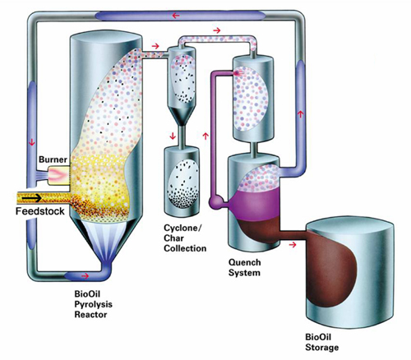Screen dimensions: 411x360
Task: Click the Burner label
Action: click(x=53, y=159)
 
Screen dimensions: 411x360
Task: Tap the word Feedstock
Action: click(x=40, y=211)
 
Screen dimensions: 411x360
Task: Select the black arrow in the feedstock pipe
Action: click(x=32, y=198)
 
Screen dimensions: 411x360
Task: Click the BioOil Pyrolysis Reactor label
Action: click(x=93, y=304)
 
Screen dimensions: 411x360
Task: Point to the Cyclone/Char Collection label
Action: click(x=185, y=238)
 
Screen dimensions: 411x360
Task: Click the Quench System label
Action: click(x=244, y=267)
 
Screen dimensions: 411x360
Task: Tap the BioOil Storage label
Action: click(x=321, y=342)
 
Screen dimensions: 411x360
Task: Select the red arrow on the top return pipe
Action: click(x=176, y=16)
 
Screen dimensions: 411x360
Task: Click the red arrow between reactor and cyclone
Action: click(x=155, y=46)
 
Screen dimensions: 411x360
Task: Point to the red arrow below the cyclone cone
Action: click(x=173, y=136)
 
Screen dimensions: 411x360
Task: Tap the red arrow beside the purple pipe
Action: click(x=205, y=136)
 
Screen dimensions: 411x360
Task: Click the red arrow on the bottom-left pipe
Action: click(x=85, y=276)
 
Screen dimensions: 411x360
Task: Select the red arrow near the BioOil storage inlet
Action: click(x=293, y=245)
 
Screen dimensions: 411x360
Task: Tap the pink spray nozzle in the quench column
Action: click(x=238, y=73)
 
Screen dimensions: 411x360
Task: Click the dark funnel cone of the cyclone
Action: click(x=180, y=115)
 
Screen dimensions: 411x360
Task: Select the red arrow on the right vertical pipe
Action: click(x=301, y=113)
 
